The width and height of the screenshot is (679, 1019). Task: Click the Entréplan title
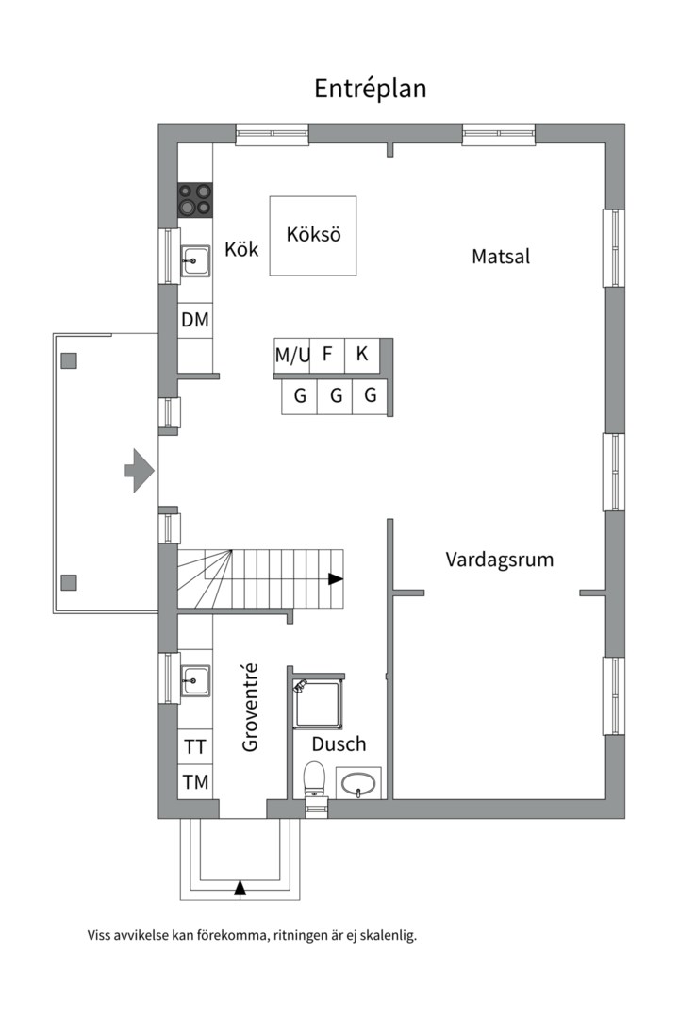coord(370,89)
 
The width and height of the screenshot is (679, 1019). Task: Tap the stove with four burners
coord(195,199)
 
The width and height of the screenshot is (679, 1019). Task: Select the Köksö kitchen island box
coord(313,236)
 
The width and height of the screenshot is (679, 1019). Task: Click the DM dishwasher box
coord(195,321)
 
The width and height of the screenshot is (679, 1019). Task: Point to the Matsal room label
coord(501,256)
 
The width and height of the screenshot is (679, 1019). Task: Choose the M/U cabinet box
coord(291,356)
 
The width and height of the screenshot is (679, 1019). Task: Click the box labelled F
coord(327,356)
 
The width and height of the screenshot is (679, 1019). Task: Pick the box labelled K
coord(361,356)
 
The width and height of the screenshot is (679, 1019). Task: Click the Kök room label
coord(241,250)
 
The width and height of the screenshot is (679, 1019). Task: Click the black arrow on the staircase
coord(336,579)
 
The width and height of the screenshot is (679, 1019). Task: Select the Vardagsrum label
coord(499,560)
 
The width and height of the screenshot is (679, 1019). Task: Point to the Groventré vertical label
coord(251,708)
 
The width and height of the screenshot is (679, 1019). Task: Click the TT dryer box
coord(195,747)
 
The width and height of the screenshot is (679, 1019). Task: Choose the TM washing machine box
coord(195,781)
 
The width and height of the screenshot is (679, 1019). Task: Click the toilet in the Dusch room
coord(314,779)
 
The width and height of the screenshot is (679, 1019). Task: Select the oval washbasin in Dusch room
coord(358,783)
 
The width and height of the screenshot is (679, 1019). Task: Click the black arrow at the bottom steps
coord(240,887)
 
